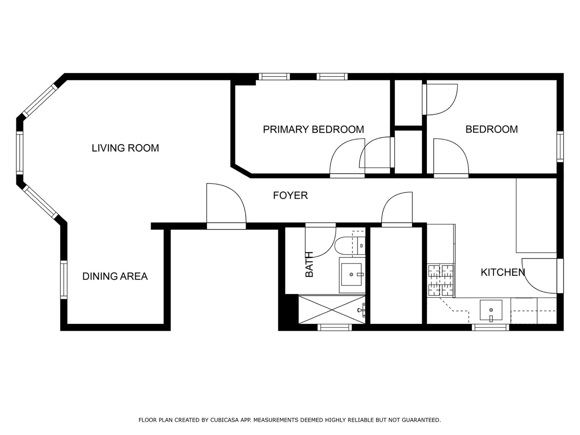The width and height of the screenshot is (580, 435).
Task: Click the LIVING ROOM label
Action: [x=125, y=148]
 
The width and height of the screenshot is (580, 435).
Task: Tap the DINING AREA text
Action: [x=115, y=276]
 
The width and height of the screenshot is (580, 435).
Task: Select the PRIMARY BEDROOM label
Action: [x=313, y=129]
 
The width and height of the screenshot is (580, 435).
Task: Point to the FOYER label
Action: [x=290, y=195]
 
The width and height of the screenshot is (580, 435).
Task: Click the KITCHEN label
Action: [x=503, y=272]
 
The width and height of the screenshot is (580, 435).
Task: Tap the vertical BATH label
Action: [x=309, y=264]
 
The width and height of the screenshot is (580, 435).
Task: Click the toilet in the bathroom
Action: [x=346, y=245]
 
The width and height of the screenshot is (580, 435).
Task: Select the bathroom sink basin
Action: [x=352, y=275]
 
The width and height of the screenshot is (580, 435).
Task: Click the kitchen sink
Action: [x=491, y=311]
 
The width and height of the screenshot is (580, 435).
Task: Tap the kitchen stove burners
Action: [x=441, y=280]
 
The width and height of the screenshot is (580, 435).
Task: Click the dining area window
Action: [x=63, y=280]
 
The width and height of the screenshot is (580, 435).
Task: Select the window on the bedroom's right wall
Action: [x=560, y=147]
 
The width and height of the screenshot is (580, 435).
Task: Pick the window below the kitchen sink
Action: [x=490, y=327]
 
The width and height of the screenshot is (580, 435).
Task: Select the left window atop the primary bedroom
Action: [x=274, y=77]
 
